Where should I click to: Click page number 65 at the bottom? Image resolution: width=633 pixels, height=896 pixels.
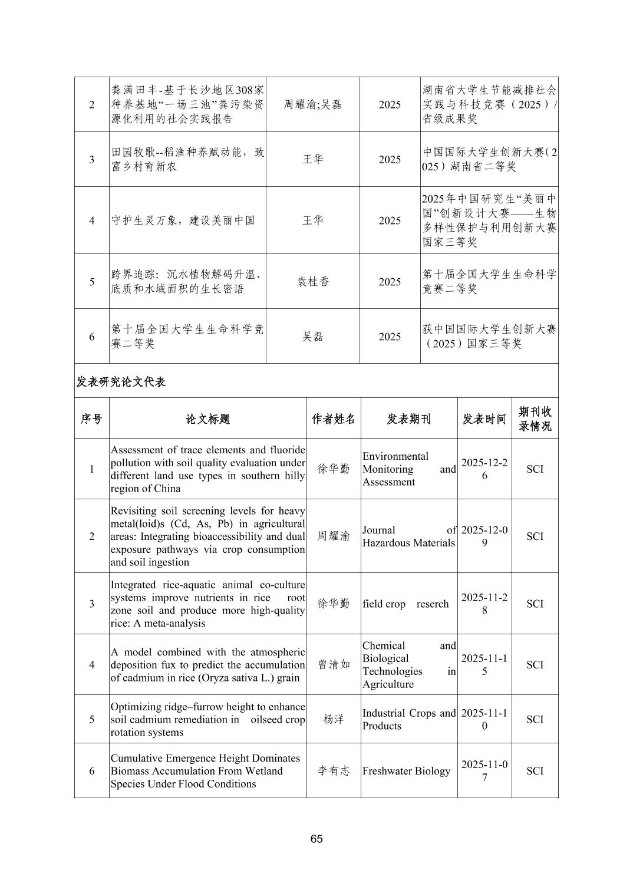point(316,839)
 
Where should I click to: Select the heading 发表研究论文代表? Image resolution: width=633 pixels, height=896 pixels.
point(121,382)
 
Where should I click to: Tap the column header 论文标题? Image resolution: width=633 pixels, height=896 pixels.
point(207,419)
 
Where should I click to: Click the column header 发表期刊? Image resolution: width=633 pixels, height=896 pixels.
point(408,419)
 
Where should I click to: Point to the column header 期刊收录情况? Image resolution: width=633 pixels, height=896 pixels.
point(535,419)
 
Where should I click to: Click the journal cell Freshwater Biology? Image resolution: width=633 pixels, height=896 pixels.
point(406,771)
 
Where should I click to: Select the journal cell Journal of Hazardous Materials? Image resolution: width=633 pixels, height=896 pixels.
point(408,536)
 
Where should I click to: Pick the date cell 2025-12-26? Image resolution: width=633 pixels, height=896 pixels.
point(484,469)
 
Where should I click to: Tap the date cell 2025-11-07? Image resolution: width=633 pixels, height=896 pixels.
point(484,771)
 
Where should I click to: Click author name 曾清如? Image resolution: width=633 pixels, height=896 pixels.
point(334,665)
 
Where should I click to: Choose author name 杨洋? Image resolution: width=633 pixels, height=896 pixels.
point(334,720)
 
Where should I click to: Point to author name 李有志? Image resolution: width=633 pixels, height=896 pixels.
point(334,771)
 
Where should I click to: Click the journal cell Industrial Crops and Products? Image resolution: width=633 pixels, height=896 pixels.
point(408,720)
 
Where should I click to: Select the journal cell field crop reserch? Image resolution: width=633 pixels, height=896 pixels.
point(405,604)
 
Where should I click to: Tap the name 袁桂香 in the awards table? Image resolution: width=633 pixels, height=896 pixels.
point(312,282)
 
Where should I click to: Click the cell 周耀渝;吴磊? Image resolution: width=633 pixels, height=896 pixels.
point(312,105)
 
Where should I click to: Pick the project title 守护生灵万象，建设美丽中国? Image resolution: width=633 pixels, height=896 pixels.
point(183,221)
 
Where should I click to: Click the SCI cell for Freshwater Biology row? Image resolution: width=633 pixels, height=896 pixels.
point(535,771)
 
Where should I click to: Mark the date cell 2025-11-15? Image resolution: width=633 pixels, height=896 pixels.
point(484,665)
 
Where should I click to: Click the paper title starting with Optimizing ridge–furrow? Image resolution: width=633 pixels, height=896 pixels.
point(207,720)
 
